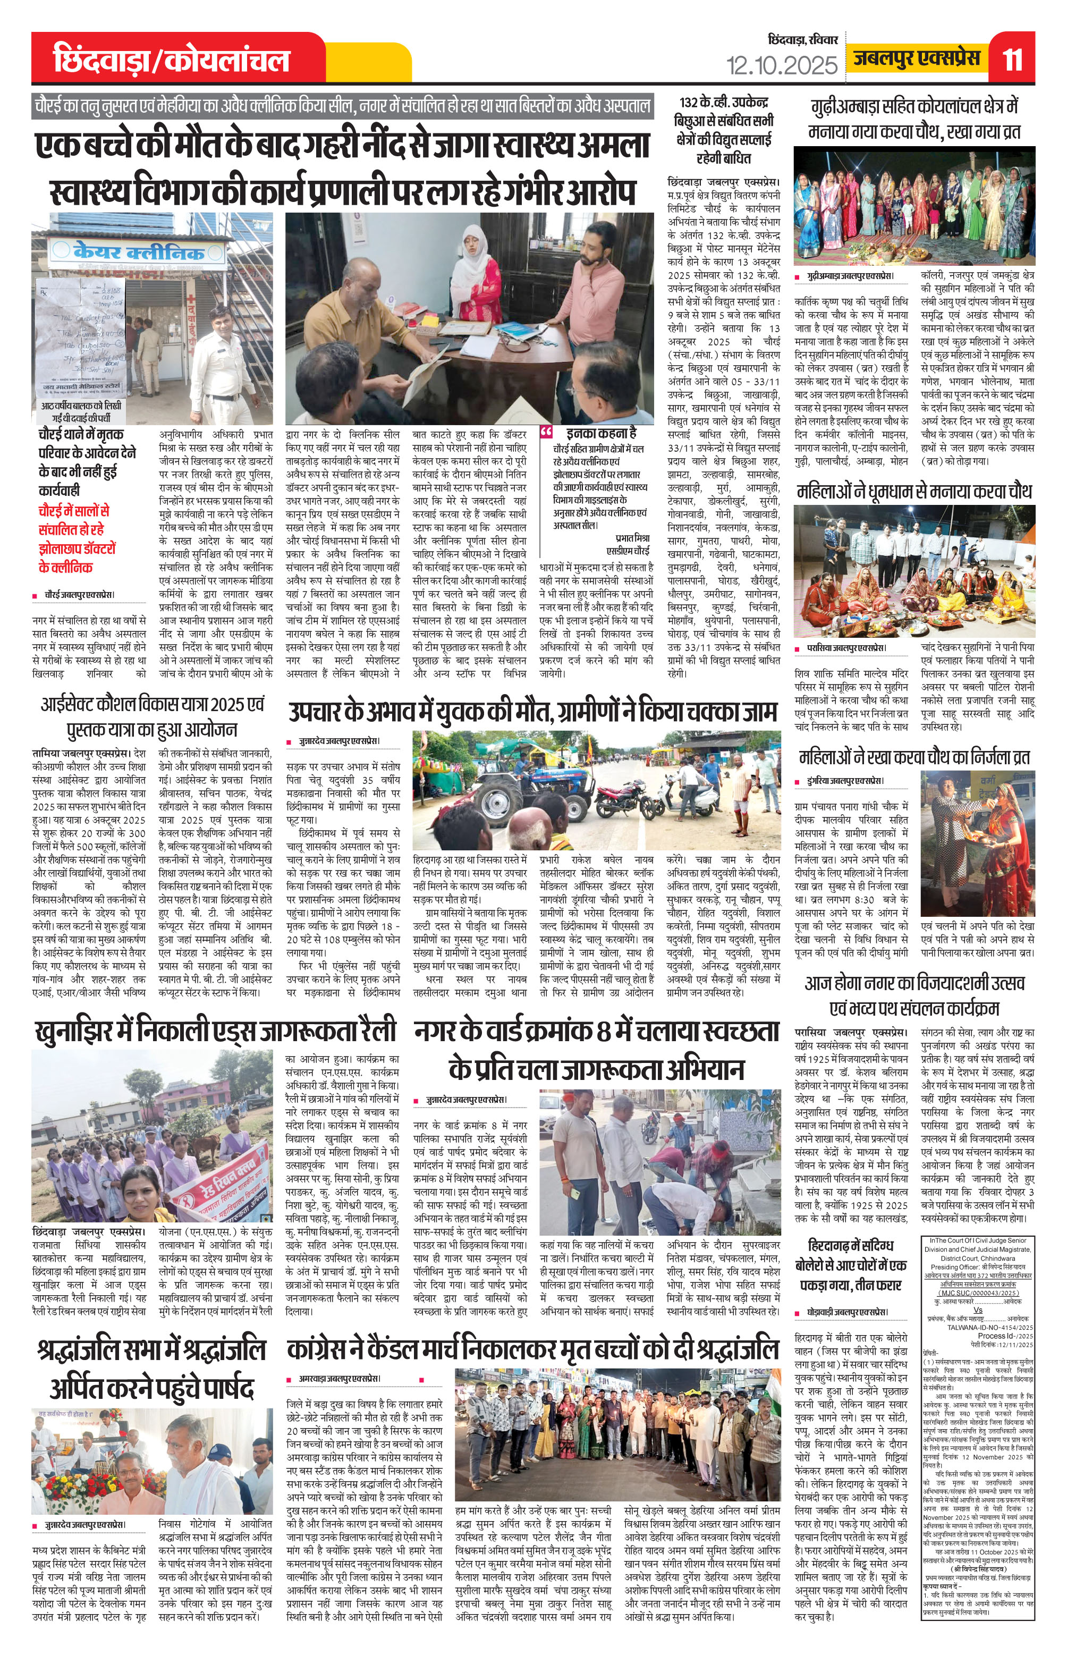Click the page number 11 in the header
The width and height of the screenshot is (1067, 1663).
coord(1012,60)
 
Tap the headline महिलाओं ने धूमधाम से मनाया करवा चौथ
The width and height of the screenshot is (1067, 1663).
coord(914,492)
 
